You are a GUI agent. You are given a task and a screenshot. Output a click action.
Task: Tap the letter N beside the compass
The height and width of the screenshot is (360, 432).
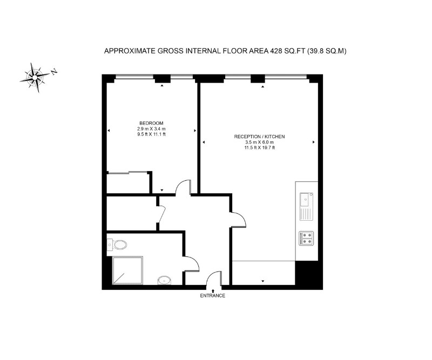[x=54, y=71]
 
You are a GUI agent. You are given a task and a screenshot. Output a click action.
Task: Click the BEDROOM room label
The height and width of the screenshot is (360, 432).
[x=151, y=123]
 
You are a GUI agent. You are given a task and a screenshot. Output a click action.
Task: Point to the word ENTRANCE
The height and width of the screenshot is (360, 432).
[x=212, y=296]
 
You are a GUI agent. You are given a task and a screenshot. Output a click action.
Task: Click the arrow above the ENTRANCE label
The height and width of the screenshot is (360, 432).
[x=212, y=290]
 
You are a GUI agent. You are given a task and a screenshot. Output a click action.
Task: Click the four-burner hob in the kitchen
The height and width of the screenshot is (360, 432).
[x=307, y=238]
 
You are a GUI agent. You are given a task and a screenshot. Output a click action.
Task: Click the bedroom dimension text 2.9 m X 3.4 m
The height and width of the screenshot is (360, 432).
[x=151, y=129]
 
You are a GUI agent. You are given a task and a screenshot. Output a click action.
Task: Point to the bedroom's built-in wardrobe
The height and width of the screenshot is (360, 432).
[x=128, y=182]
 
